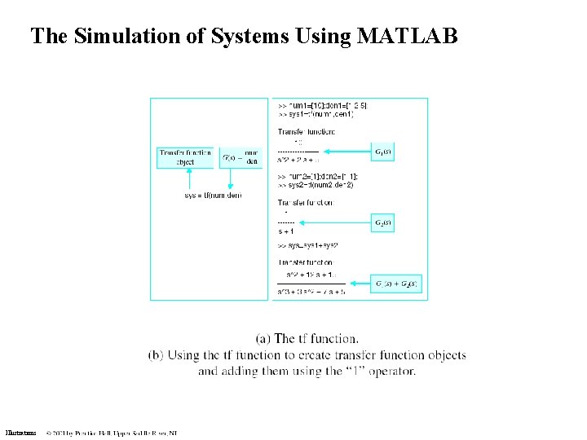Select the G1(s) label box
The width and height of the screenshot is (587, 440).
[x=382, y=152]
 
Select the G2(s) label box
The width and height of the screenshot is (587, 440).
[x=382, y=222]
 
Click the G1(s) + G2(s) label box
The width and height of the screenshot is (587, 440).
[x=395, y=284]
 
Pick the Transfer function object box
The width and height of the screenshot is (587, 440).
[x=185, y=157]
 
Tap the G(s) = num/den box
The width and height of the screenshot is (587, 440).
[x=241, y=157]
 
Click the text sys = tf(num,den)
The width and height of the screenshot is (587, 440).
[x=214, y=196]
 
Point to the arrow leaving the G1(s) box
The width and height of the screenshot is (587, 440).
[x=345, y=152]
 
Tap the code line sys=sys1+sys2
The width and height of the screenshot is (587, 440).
[x=308, y=244]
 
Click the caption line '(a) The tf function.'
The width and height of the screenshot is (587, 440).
[x=307, y=339]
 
